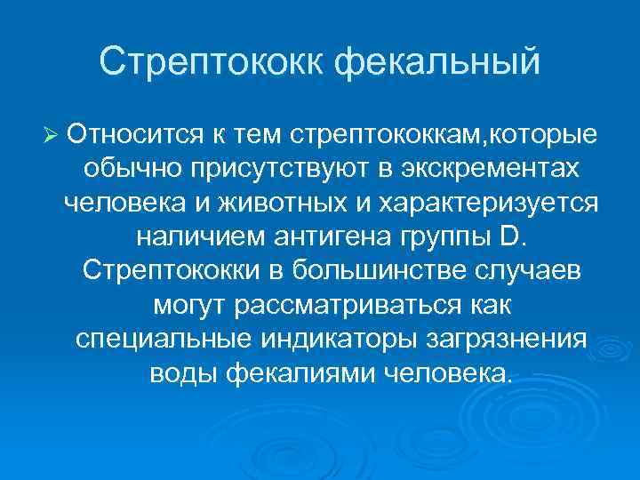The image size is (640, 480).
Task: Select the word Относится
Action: coord(132,135)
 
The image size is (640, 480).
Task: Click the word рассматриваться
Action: coord(345,305)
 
